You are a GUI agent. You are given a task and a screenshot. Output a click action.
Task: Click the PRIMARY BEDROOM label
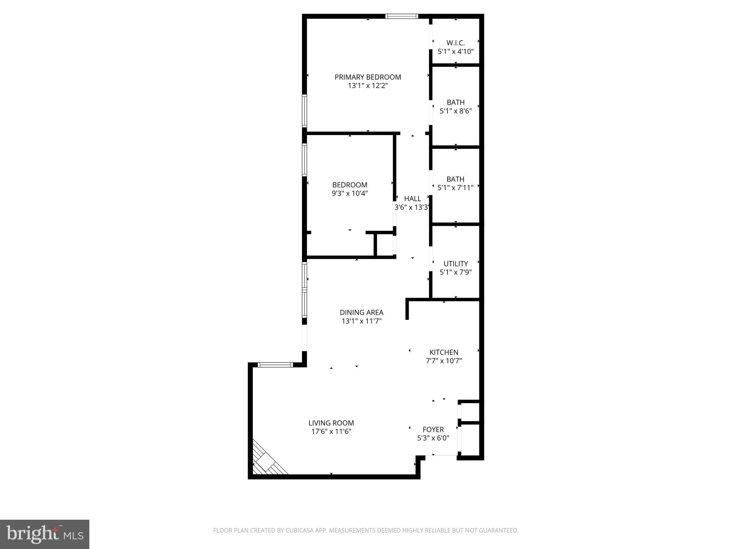367,77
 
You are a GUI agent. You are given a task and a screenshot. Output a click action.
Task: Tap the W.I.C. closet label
455,43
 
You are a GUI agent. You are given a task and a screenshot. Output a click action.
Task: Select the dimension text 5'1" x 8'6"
455,111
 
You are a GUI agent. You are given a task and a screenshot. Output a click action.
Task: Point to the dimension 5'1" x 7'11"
455,187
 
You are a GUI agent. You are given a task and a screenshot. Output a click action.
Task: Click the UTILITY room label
455,264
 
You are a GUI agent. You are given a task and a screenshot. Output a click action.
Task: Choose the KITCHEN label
444,352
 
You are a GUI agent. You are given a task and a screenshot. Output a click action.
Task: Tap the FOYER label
433,430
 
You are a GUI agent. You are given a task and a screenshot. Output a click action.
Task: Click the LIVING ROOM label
331,423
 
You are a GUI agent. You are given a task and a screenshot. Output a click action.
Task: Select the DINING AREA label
361,313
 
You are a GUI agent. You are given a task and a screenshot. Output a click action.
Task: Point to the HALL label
412,199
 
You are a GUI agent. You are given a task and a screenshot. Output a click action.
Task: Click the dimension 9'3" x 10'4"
350,194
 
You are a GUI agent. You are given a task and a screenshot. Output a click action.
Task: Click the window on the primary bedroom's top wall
401,16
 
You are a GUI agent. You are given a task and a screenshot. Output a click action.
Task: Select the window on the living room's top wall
275,365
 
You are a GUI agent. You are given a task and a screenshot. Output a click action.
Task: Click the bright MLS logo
44,534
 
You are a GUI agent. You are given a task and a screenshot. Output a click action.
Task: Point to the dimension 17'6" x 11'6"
331,432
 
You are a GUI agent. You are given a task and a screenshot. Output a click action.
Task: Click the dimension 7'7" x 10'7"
444,361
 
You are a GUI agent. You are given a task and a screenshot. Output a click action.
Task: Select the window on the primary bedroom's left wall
305,111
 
